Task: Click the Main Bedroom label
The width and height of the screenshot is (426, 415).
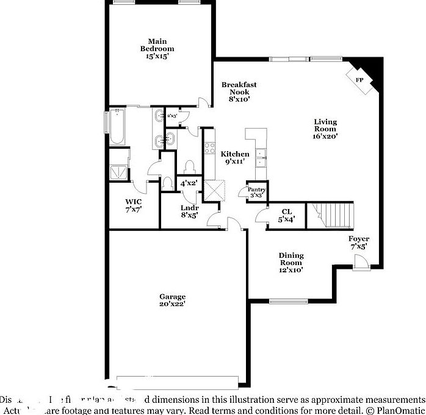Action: tap(157, 45)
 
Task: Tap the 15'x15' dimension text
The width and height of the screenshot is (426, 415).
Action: tap(157, 56)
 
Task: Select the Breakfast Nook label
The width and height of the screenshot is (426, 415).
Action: tap(235, 88)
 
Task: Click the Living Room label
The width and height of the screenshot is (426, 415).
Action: tap(325, 125)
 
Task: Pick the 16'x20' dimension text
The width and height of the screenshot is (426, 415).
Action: tap(325, 137)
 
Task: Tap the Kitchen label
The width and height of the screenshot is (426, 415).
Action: tap(235, 154)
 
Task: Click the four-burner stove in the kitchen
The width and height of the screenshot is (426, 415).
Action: tap(210, 147)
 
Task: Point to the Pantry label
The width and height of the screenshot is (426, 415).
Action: tap(256, 190)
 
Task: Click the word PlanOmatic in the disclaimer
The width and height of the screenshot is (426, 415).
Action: tap(400, 410)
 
